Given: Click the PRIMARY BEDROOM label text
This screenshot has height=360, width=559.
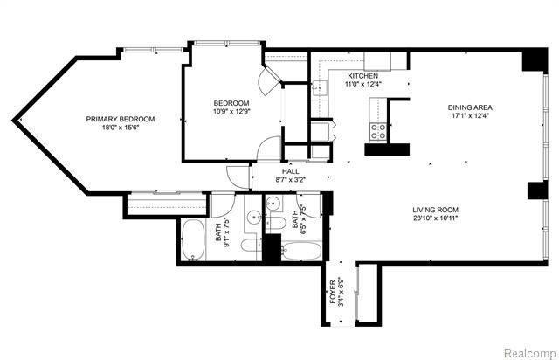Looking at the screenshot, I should pyautogui.click(x=120, y=120).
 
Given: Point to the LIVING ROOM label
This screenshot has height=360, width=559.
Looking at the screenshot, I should pyautogui.click(x=436, y=210).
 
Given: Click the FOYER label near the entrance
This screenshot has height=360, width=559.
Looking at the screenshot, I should pyautogui.click(x=333, y=288).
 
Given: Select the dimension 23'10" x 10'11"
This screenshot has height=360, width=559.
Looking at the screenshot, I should pyautogui.click(x=436, y=219).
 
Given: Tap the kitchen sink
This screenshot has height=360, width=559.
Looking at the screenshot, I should pyautogui.click(x=320, y=87).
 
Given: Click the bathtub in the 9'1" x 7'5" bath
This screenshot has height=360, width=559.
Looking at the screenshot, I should pyautogui.click(x=193, y=241).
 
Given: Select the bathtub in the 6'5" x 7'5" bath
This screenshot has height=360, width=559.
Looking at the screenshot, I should pyautogui.click(x=302, y=252).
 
